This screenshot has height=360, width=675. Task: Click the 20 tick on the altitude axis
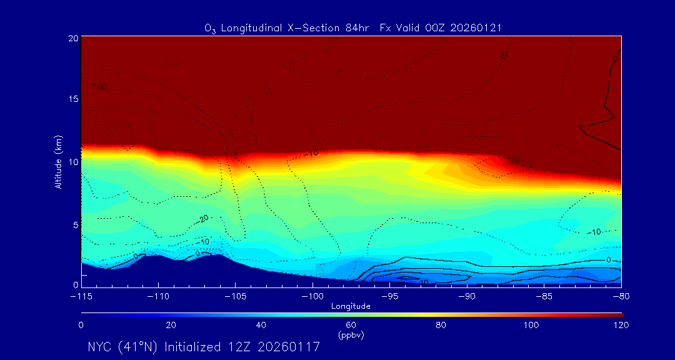click(72, 38)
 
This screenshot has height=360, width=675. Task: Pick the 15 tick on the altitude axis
click(72, 99)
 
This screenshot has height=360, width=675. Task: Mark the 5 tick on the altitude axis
click(74, 224)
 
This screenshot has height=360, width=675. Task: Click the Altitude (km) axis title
click(59, 161)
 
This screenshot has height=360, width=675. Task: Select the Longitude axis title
click(351, 306)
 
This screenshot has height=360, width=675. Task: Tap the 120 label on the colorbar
click(621, 325)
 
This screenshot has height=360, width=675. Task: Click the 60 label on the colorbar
click(351, 325)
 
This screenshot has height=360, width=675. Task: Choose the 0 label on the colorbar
click(81, 325)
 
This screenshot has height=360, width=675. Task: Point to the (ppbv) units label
click(351, 335)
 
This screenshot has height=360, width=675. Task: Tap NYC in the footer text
click(101, 347)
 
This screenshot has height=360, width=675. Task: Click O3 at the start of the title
click(211, 29)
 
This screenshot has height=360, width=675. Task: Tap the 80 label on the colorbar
click(441, 325)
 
